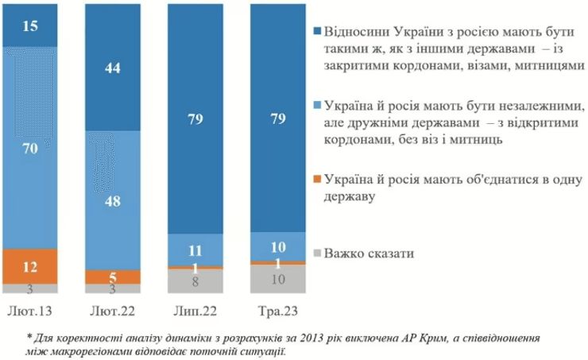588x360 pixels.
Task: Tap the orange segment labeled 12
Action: tap(30, 265)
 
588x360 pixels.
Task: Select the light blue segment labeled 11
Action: tap(195, 248)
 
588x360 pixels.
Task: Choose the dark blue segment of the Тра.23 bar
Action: tap(277, 119)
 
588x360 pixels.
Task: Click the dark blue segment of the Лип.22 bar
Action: tap(195, 119)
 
